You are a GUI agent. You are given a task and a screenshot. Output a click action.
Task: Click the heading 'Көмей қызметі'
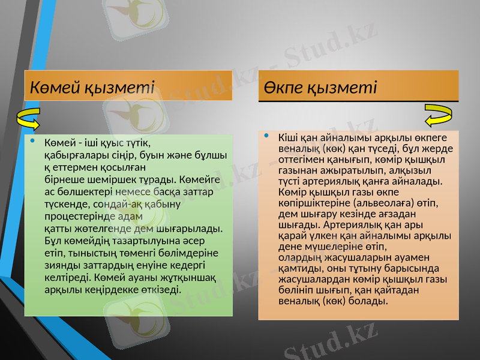coord(92,88)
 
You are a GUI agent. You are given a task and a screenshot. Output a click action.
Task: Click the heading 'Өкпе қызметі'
coord(322,88)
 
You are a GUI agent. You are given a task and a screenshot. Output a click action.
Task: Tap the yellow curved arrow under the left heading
coord(28,119)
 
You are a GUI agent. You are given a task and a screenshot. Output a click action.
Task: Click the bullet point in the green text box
coord(34,142)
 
